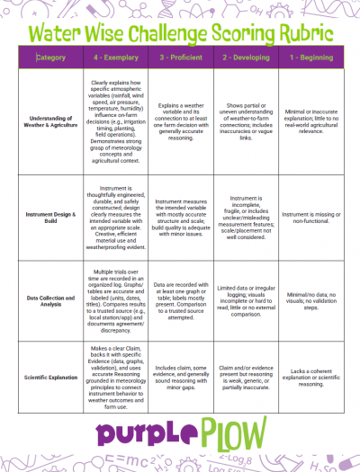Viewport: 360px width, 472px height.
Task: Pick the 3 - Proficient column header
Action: tap(179, 58)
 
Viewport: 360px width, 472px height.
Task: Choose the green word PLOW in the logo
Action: tap(229, 430)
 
